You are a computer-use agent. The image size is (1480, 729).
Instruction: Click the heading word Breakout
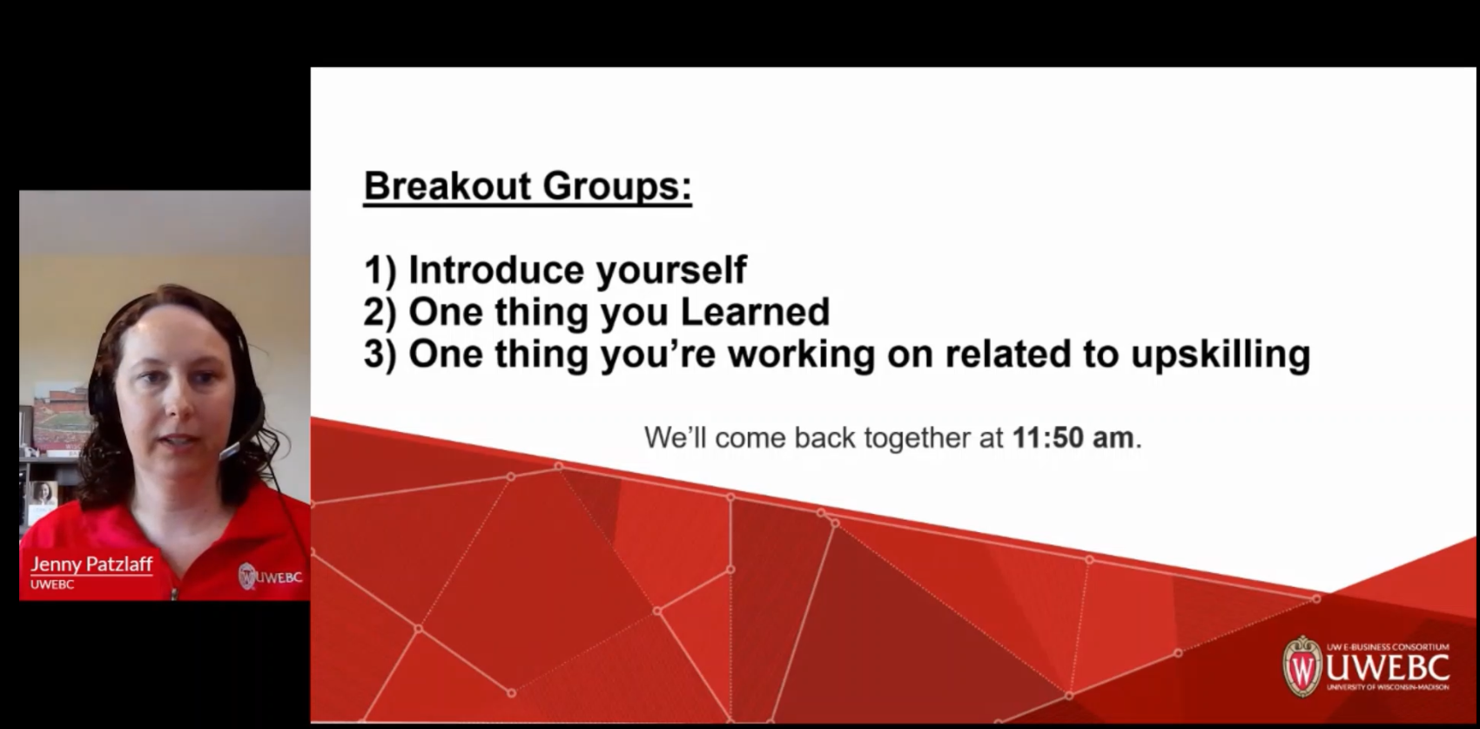tap(447, 186)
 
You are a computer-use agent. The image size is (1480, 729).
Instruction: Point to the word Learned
tap(754, 312)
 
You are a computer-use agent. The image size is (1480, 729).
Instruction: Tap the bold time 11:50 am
tap(1073, 437)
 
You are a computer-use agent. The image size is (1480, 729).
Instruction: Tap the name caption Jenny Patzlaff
tap(91, 564)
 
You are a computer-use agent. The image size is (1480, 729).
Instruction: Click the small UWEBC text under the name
tap(52, 584)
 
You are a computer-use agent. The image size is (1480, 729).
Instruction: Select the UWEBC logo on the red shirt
tap(270, 577)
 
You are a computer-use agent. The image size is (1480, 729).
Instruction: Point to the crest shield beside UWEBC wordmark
tap(1302, 666)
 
